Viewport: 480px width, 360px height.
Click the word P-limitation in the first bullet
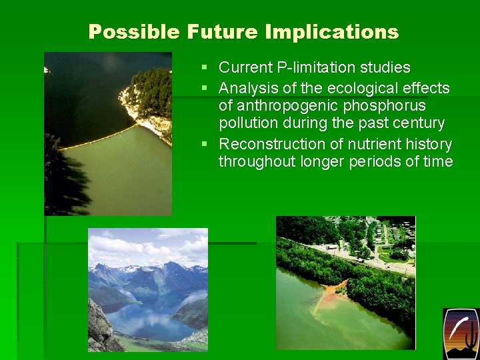pos(307,67)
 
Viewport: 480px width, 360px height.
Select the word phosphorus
pos(389,106)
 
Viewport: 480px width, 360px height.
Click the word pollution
pos(246,123)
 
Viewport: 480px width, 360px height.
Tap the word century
pos(417,123)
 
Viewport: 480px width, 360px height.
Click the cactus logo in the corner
pos(461,333)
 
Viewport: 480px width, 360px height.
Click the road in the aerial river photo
pos(360,256)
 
